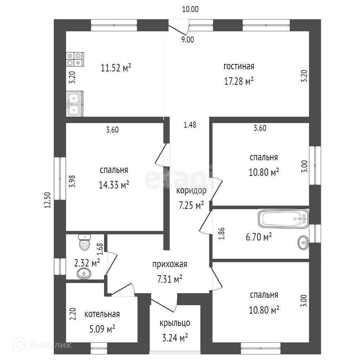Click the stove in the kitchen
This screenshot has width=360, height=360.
tap(75, 59)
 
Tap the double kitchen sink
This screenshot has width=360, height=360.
tap(75, 104)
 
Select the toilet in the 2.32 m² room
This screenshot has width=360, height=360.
tap(84, 242)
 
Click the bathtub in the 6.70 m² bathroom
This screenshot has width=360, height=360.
tap(284, 219)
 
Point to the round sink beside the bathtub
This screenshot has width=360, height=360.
tap(303, 243)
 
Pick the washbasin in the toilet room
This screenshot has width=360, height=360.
tap(84, 274)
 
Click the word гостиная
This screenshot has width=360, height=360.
tap(239, 66)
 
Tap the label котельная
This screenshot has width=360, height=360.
tap(102, 314)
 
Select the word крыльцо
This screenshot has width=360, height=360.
tap(175, 323)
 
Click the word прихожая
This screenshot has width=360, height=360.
tap(170, 264)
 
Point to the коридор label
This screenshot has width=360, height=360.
tap(191, 191)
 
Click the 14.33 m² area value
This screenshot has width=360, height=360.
tap(114, 185)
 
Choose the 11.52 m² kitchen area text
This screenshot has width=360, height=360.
tap(116, 68)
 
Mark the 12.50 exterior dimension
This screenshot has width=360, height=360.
tap(47, 200)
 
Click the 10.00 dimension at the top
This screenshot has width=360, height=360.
tap(190, 9)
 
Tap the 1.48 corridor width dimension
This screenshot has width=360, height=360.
tap(190, 125)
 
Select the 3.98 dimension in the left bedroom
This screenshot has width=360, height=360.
tap(72, 181)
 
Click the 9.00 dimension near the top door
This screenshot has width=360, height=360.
tap(188, 40)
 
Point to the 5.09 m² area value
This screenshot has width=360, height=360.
tap(102, 329)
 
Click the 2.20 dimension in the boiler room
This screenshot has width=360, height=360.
tap(72, 314)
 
